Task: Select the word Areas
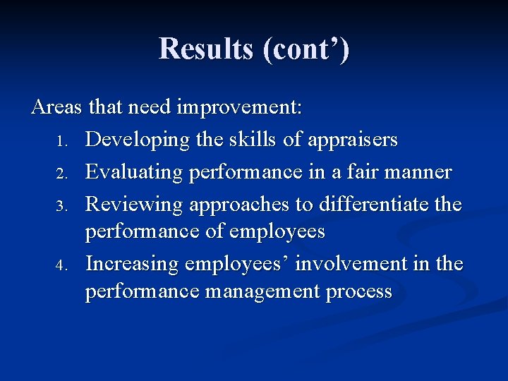tap(56, 107)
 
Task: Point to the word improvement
tap(239, 108)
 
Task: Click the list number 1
tap(61, 142)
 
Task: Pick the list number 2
tap(61, 174)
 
